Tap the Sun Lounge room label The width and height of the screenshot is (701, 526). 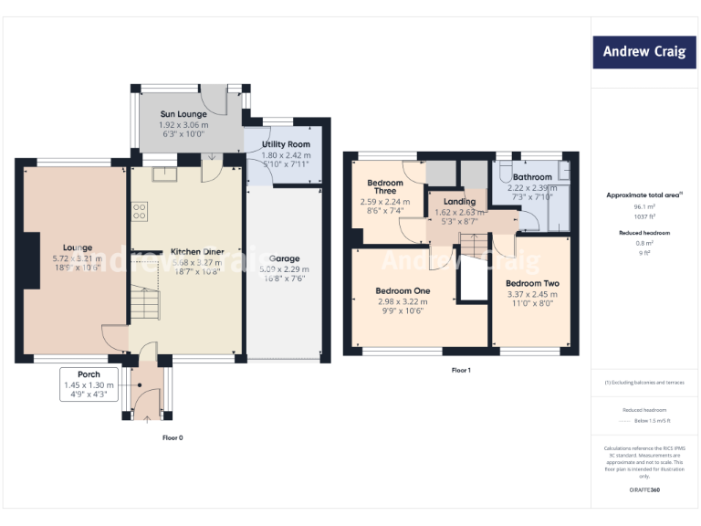[185, 114]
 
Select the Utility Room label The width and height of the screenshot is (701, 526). [286, 144]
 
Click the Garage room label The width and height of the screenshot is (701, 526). [284, 258]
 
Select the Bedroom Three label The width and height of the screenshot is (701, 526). [385, 187]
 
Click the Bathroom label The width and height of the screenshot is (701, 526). [531, 177]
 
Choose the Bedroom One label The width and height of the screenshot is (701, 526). [403, 291]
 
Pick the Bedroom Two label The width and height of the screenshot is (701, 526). [532, 284]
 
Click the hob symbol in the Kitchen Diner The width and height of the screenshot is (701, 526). [141, 212]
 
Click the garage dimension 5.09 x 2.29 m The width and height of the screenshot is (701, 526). [284, 269]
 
